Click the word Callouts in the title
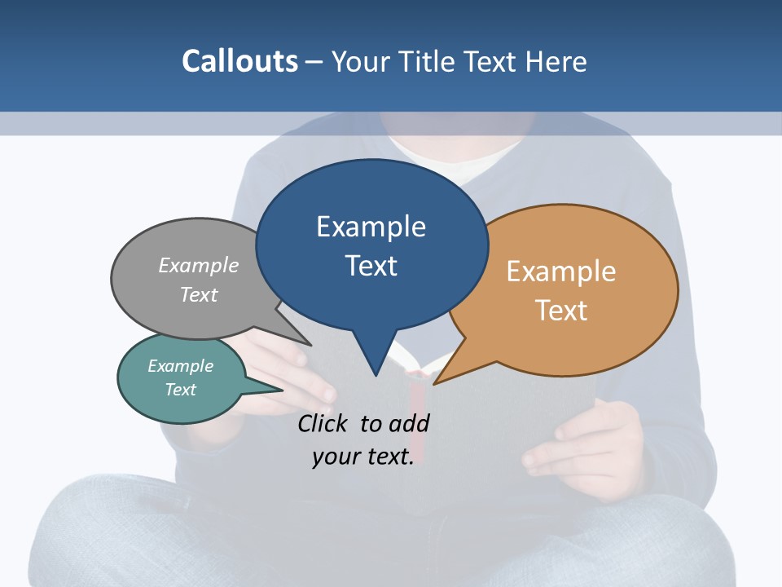click(x=239, y=61)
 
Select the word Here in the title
click(x=557, y=61)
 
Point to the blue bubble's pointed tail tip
click(x=376, y=375)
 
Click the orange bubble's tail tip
click(x=435, y=383)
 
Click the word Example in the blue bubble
click(x=371, y=227)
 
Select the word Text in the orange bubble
click(x=561, y=311)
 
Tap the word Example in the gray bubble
click(x=199, y=266)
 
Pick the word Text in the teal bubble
click(x=181, y=390)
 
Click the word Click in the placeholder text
click(x=323, y=423)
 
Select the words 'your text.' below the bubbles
click(x=363, y=457)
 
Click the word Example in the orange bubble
click(x=561, y=271)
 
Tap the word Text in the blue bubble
click(x=371, y=266)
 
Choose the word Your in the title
click(x=362, y=61)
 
